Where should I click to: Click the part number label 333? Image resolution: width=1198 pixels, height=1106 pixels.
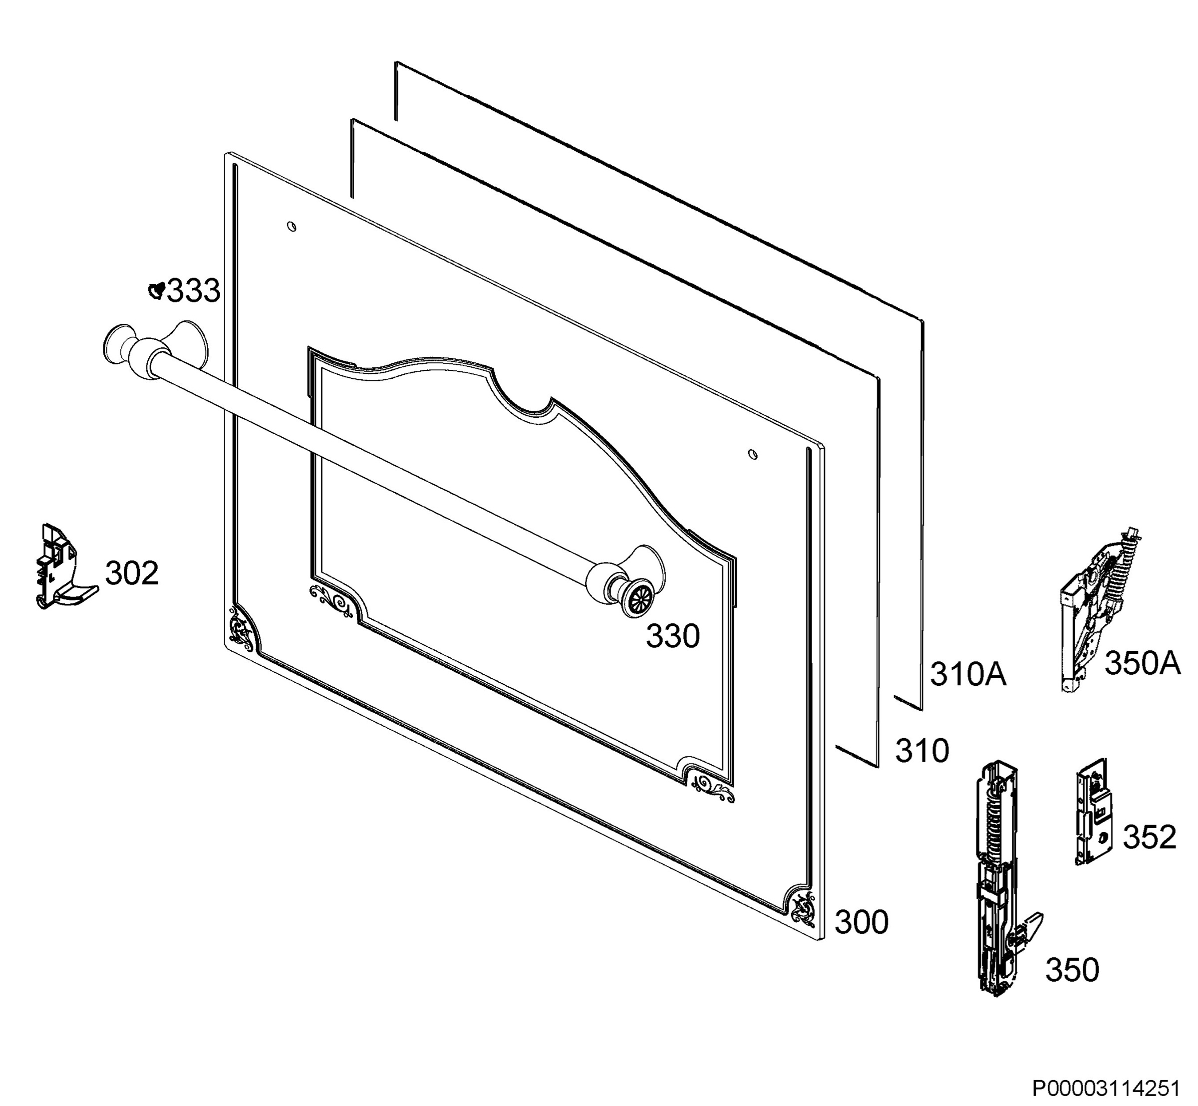(x=193, y=291)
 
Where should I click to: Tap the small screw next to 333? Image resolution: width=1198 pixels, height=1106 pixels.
(x=156, y=291)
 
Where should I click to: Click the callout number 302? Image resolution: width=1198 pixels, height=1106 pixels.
(x=132, y=573)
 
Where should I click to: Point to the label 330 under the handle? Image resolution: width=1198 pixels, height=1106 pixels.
(x=672, y=636)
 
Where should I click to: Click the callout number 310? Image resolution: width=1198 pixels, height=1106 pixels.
(x=922, y=751)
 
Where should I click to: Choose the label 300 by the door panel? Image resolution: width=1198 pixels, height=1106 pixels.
(x=862, y=922)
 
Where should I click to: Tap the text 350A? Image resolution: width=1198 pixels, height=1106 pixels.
(x=1142, y=663)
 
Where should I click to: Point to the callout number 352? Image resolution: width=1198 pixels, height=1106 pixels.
(x=1150, y=836)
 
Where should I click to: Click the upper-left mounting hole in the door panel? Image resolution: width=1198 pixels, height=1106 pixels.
(x=292, y=226)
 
